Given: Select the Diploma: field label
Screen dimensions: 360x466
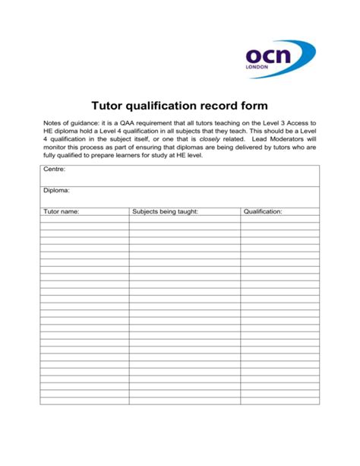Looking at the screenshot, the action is point(57,192).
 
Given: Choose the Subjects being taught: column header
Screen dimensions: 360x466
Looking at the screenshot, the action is point(165,212).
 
